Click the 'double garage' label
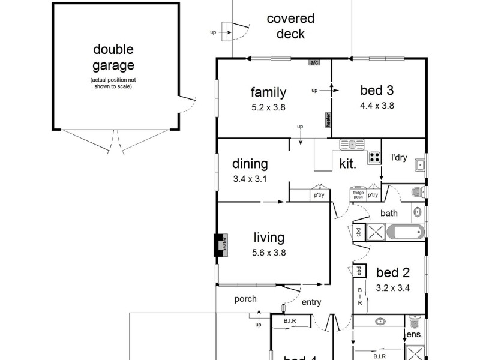(x=113, y=58)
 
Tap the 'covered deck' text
(x=290, y=26)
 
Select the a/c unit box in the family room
(x=314, y=62)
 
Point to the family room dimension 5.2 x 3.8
(x=268, y=108)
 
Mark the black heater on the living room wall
(x=220, y=244)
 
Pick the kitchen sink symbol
(x=352, y=145)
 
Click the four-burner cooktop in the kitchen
(x=375, y=157)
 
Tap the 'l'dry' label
(x=399, y=158)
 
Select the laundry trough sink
(x=420, y=165)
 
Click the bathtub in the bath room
(x=406, y=232)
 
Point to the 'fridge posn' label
(x=358, y=194)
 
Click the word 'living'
(x=268, y=238)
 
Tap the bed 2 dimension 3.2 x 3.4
(x=392, y=287)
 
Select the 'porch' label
(x=245, y=299)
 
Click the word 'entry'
(x=311, y=302)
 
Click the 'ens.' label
(x=415, y=334)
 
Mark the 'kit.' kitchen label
(x=349, y=163)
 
